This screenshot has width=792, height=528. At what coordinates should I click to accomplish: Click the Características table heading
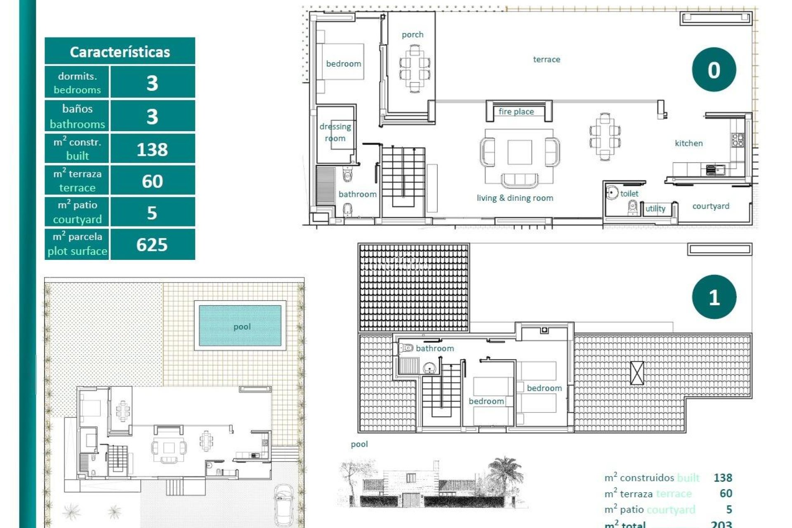[x=120, y=52]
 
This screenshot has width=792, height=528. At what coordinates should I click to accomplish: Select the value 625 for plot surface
[x=152, y=245]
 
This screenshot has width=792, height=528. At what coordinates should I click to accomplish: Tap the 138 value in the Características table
[x=152, y=149]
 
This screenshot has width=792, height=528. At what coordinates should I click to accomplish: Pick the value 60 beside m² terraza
[x=152, y=181]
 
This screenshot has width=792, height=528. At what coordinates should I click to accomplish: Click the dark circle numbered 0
[x=714, y=70]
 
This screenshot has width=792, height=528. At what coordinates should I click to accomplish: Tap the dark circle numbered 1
[x=714, y=297]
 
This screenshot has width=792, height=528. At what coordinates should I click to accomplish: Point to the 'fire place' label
[x=516, y=111]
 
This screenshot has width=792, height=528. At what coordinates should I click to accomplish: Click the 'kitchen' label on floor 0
[x=688, y=143]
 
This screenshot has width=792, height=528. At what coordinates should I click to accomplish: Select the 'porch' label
[x=412, y=35]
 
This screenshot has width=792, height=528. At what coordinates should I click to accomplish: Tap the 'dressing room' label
[x=335, y=132]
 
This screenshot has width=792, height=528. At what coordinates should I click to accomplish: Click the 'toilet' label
[x=629, y=193]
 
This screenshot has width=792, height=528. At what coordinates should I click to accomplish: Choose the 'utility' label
[x=655, y=209]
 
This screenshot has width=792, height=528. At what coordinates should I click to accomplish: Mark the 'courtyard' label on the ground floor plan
[x=710, y=206]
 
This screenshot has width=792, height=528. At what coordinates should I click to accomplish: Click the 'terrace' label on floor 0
[x=547, y=59]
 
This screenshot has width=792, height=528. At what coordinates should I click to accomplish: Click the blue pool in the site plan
[x=240, y=326]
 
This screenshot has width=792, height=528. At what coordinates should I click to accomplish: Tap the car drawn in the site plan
[x=284, y=504]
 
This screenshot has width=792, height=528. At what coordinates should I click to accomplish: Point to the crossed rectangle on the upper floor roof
[x=637, y=373]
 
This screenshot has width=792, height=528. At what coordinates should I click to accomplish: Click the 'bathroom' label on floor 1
[x=434, y=348]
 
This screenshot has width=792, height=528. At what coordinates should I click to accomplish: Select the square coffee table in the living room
[x=519, y=152]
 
